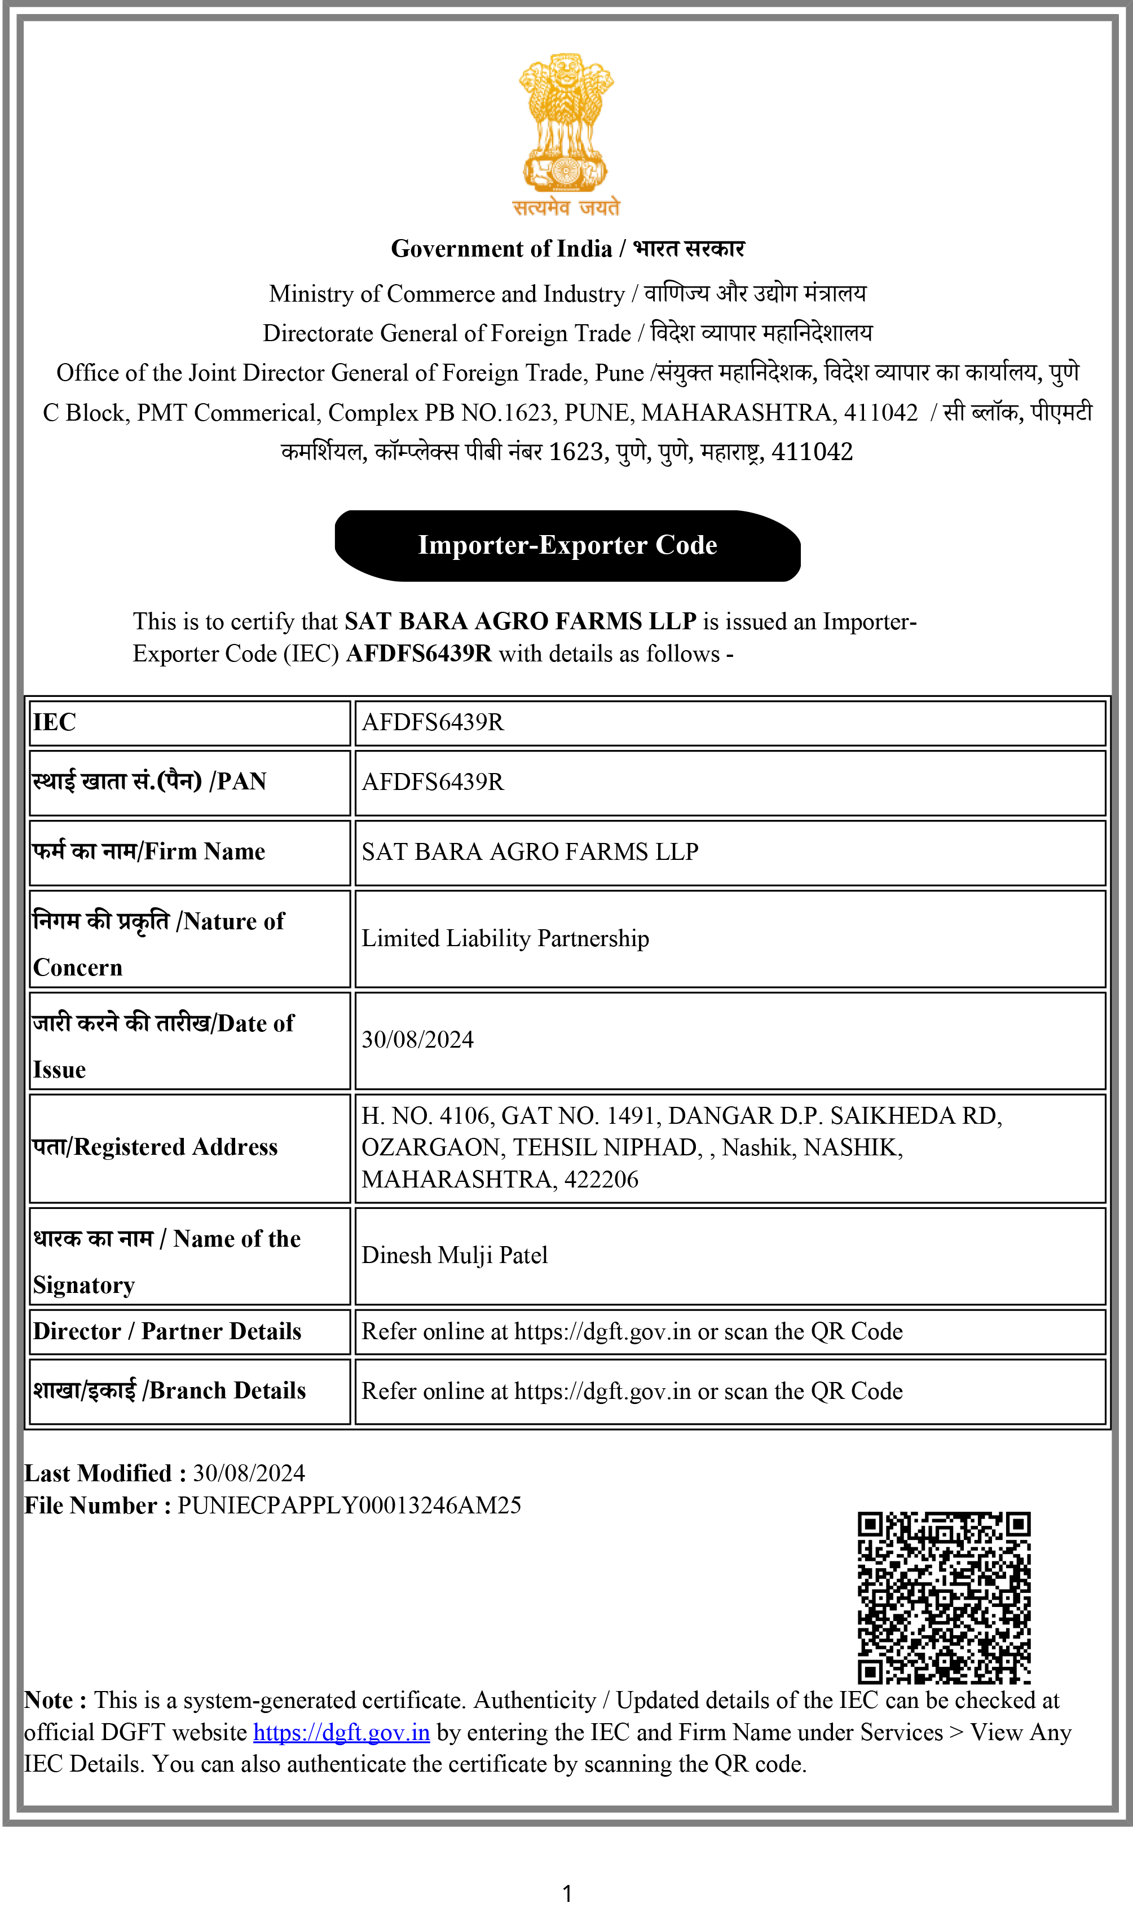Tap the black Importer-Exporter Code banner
click(567, 545)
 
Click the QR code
click(944, 1597)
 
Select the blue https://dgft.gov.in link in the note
click(341, 1732)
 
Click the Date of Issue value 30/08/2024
click(418, 1040)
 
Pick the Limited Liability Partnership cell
click(505, 938)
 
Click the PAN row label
click(149, 782)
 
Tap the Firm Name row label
click(149, 851)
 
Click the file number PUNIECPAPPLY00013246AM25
click(349, 1506)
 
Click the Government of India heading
click(567, 249)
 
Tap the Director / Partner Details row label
click(167, 1331)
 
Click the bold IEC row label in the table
click(54, 722)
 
